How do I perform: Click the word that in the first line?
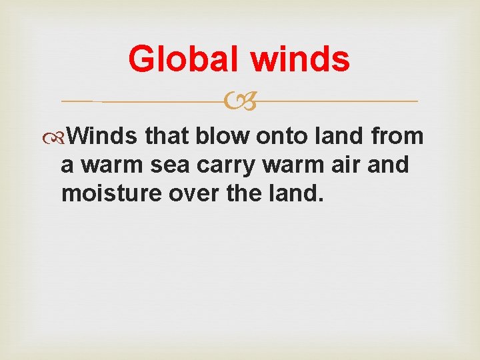[167, 136]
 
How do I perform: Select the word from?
[398, 136]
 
